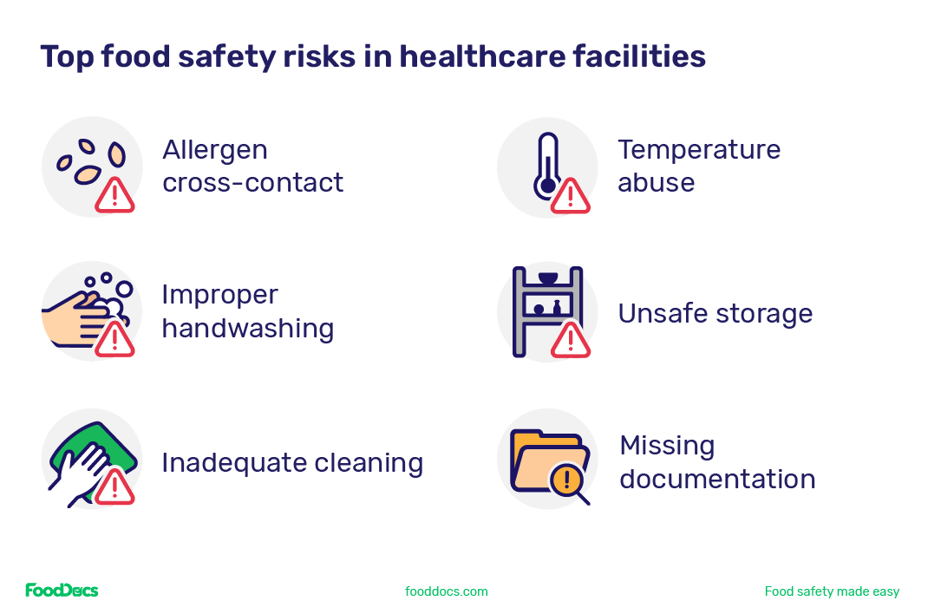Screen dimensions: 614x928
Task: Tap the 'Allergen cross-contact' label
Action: (252, 166)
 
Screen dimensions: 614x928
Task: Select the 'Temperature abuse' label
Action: (699, 166)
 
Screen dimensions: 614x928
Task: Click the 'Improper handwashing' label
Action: (247, 311)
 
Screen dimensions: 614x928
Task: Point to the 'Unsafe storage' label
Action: (716, 313)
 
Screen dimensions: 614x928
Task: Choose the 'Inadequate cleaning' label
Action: (292, 462)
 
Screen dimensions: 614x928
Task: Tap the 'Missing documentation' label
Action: (717, 462)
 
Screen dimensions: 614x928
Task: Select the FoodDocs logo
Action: (62, 591)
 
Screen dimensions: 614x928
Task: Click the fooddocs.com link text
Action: (446, 591)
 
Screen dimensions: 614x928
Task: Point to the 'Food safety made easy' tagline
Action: (832, 591)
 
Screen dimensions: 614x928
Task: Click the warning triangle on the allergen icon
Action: (114, 194)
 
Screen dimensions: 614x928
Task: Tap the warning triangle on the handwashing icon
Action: (114, 339)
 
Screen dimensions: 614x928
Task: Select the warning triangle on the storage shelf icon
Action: (570, 340)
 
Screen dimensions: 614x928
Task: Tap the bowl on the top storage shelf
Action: (547, 278)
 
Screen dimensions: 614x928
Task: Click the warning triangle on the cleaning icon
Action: (114, 487)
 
